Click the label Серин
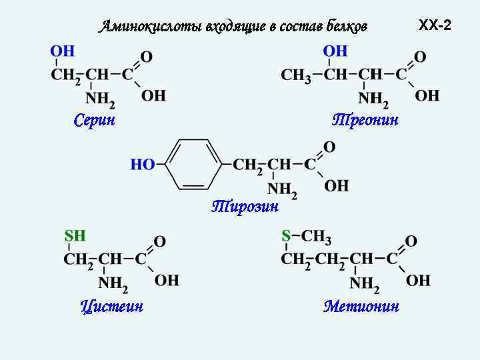pos(94,120)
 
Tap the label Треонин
pos(365,120)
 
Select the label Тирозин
pos(245,207)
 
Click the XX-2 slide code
pos(435,25)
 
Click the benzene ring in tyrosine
pos(193,164)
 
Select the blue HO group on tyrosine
pos(143,164)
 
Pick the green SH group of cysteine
pos(75,235)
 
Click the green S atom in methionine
pos(286,235)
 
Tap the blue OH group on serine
pos(63,51)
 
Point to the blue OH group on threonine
pos(335,51)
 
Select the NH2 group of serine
pos(101,100)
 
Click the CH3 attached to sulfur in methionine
pos(317,235)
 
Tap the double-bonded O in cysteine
pos(160,241)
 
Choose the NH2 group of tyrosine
pos(282,191)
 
